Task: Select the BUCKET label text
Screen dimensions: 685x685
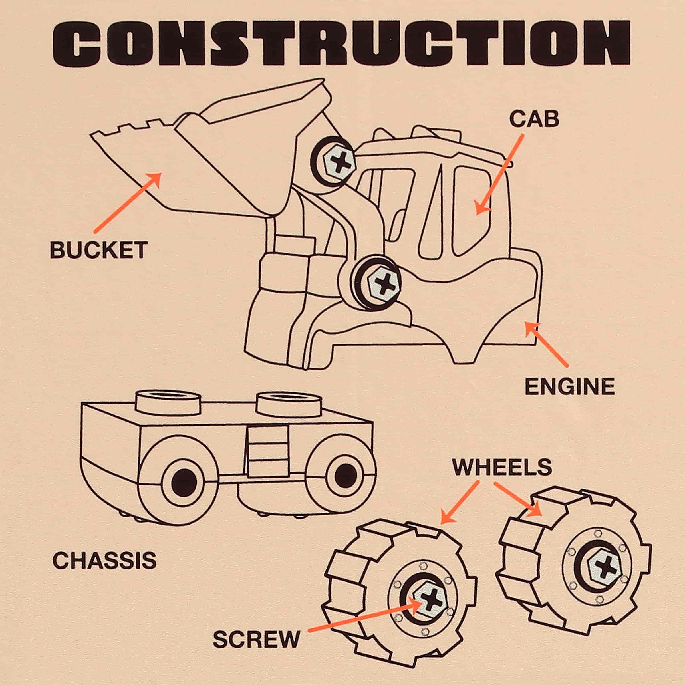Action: [x=98, y=250]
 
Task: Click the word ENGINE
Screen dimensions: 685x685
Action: [x=569, y=386]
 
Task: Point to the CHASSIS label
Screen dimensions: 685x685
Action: [x=104, y=561]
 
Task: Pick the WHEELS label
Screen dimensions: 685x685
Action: [x=502, y=467]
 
